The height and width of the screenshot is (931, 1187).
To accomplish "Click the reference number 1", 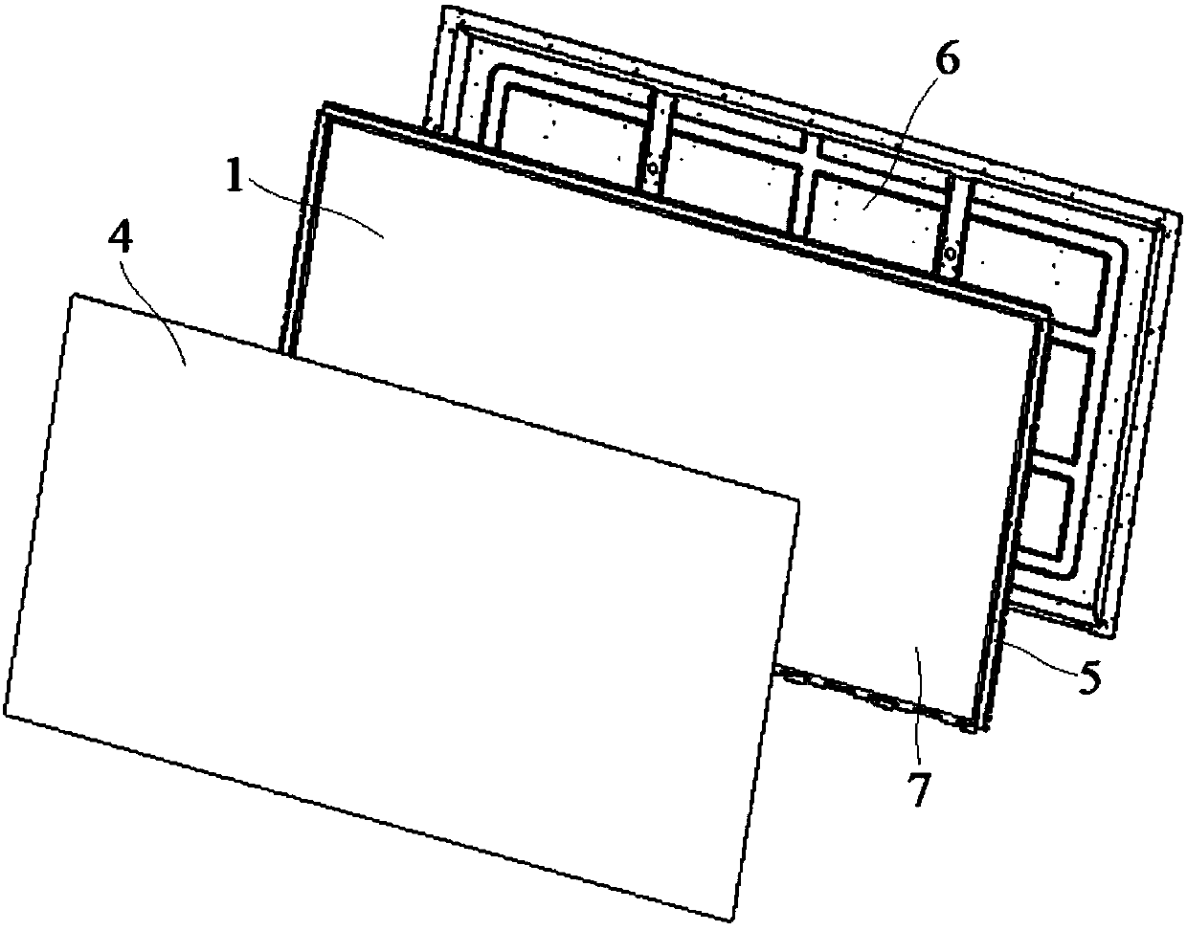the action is (x=234, y=179).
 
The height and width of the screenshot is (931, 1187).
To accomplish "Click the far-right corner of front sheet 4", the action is (x=797, y=498).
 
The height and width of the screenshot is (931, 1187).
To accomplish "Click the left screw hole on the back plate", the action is (x=653, y=168).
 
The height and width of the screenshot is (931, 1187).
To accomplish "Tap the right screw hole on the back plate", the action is (x=949, y=253).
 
